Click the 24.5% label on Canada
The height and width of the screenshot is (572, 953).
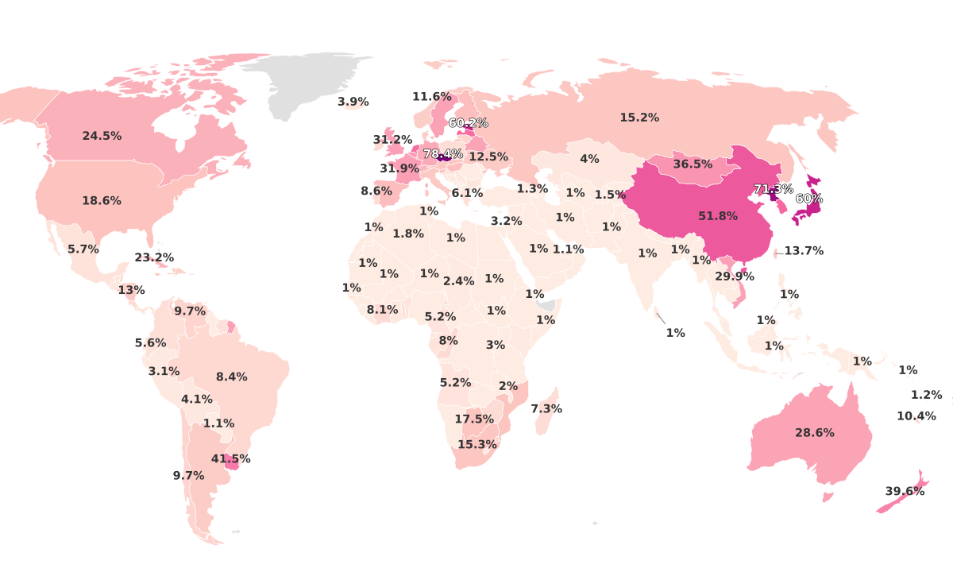(102, 136)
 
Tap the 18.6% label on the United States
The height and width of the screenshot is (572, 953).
(102, 201)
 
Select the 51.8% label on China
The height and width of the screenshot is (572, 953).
(718, 216)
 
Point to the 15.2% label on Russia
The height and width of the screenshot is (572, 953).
(639, 118)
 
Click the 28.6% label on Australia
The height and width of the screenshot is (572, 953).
(815, 433)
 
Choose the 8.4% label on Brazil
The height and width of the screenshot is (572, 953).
(231, 377)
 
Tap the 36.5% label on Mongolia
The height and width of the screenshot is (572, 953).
(693, 164)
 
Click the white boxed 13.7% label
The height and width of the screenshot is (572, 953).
(803, 250)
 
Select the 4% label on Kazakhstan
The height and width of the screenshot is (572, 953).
(589, 159)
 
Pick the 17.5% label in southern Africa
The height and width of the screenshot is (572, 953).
(474, 419)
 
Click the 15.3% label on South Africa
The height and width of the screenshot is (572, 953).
(477, 444)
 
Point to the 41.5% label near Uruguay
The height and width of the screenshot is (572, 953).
(230, 459)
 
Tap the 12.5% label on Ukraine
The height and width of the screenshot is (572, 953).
(488, 157)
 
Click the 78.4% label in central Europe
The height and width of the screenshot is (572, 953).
(442, 153)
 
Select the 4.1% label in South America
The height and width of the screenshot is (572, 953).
(196, 400)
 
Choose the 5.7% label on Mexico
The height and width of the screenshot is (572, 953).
(83, 249)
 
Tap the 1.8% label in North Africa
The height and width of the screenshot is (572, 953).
(408, 234)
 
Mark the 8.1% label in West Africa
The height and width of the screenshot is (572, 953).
(382, 310)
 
